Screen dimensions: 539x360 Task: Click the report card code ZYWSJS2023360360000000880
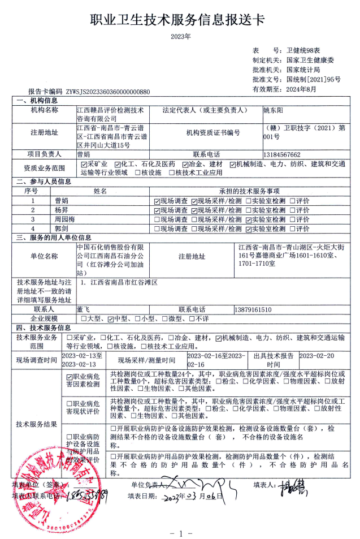(108, 91)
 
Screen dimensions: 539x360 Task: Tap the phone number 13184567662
(282, 154)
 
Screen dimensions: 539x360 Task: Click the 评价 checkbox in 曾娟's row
(292, 200)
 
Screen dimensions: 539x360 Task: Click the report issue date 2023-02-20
(316, 356)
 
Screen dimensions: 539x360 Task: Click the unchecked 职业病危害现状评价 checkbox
(70, 403)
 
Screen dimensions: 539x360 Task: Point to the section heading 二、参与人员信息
(44, 182)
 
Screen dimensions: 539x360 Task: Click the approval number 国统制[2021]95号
(313, 79)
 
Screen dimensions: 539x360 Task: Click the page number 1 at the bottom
(181, 533)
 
